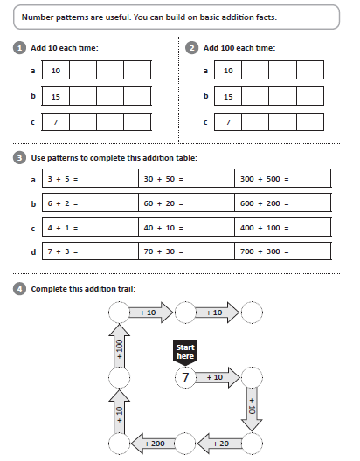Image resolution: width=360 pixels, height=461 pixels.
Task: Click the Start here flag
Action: (185, 352)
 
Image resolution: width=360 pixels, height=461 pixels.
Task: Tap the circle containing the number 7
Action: (185, 377)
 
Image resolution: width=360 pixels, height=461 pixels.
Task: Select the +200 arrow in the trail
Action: (153, 444)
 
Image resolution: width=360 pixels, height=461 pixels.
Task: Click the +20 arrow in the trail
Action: (219, 444)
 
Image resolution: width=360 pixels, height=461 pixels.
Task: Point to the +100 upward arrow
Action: (119, 346)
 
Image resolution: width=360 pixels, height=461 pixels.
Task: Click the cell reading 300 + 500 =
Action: (282, 178)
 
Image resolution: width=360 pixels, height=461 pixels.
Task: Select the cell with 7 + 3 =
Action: (90, 251)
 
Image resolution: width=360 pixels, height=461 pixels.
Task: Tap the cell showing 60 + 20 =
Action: (186, 203)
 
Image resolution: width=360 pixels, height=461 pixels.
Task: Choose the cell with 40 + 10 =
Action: (186, 227)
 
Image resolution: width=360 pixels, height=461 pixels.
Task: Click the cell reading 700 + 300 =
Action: (282, 251)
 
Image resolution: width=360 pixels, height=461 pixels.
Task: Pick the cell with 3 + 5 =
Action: (90, 178)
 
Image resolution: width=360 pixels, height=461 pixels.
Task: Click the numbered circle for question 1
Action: (19, 48)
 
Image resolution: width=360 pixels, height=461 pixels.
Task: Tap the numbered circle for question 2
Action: (191, 48)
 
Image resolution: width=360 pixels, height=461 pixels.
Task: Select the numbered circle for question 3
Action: (19, 158)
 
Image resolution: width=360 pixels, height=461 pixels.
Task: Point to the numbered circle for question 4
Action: (19, 289)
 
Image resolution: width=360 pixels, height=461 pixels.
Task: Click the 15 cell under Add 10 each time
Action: (56, 96)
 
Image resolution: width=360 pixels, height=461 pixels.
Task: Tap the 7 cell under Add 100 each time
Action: (228, 122)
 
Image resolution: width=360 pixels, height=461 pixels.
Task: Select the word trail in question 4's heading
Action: (126, 289)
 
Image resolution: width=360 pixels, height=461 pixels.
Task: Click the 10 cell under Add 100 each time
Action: (228, 70)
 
